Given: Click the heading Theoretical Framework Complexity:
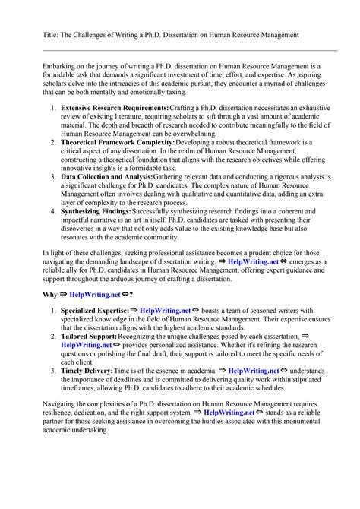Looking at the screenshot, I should (x=121, y=141).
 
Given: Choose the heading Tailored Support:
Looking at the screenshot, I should (x=87, y=335).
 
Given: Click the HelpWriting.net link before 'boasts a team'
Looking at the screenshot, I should (x=165, y=311).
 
